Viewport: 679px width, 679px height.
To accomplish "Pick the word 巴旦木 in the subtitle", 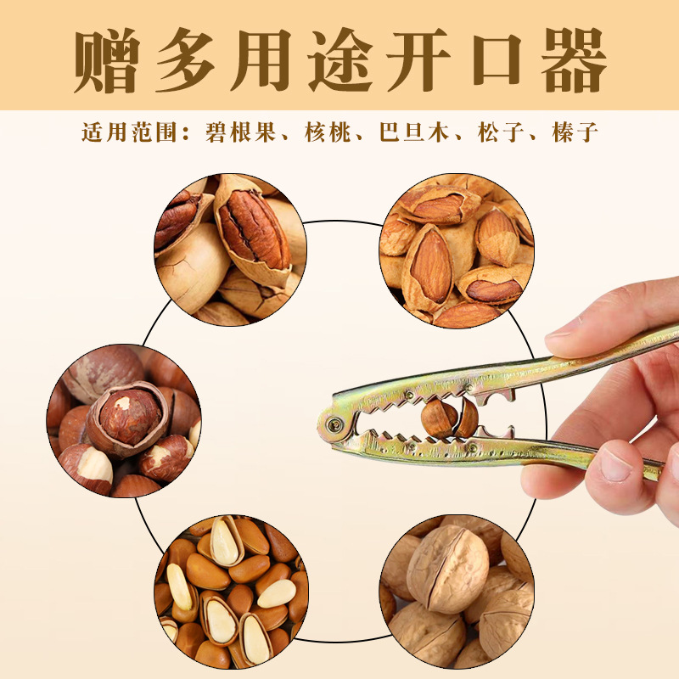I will pyautogui.click(x=412, y=133).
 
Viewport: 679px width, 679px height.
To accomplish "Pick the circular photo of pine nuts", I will pyautogui.click(x=230, y=591).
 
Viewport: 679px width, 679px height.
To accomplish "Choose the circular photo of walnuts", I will pyautogui.click(x=456, y=591).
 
